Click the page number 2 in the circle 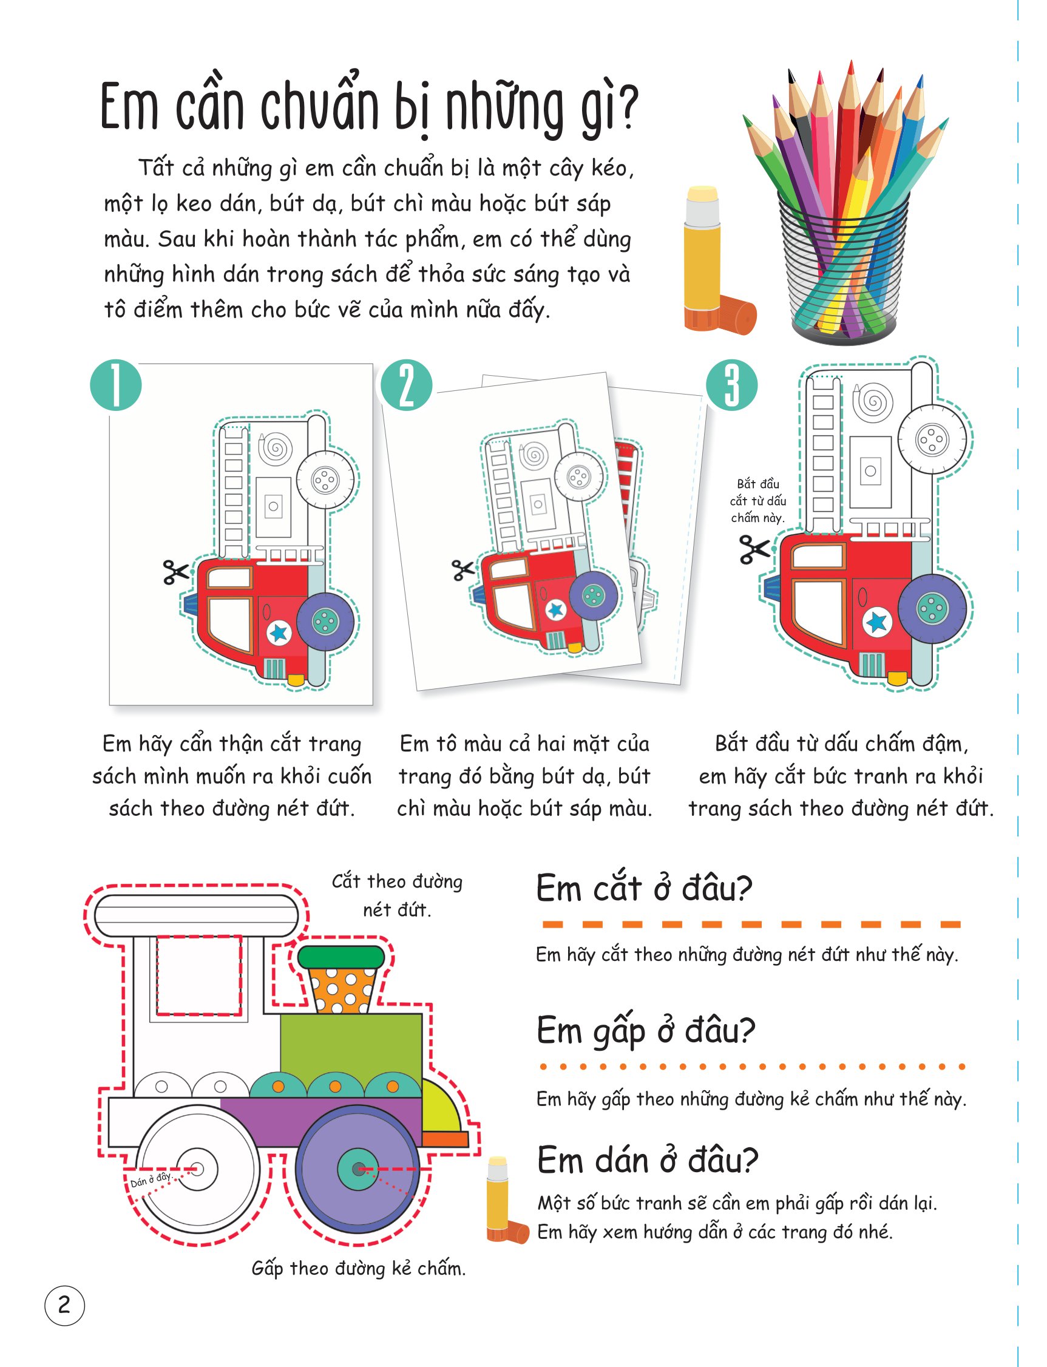[64, 1304]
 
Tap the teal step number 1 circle [116, 385]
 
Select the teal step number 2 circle [405, 385]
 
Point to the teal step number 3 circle [731, 385]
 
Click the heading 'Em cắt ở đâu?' [644, 887]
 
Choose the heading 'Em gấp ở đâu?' [646, 1031]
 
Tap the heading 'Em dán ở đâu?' [648, 1161]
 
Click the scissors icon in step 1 [176, 572]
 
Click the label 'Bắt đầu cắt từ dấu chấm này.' [757, 501]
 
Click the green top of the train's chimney [341, 956]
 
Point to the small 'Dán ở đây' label [150, 1180]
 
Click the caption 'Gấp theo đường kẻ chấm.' [358, 1268]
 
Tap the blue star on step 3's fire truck [877, 622]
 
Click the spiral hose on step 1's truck [274, 447]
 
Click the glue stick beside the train [506, 1200]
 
